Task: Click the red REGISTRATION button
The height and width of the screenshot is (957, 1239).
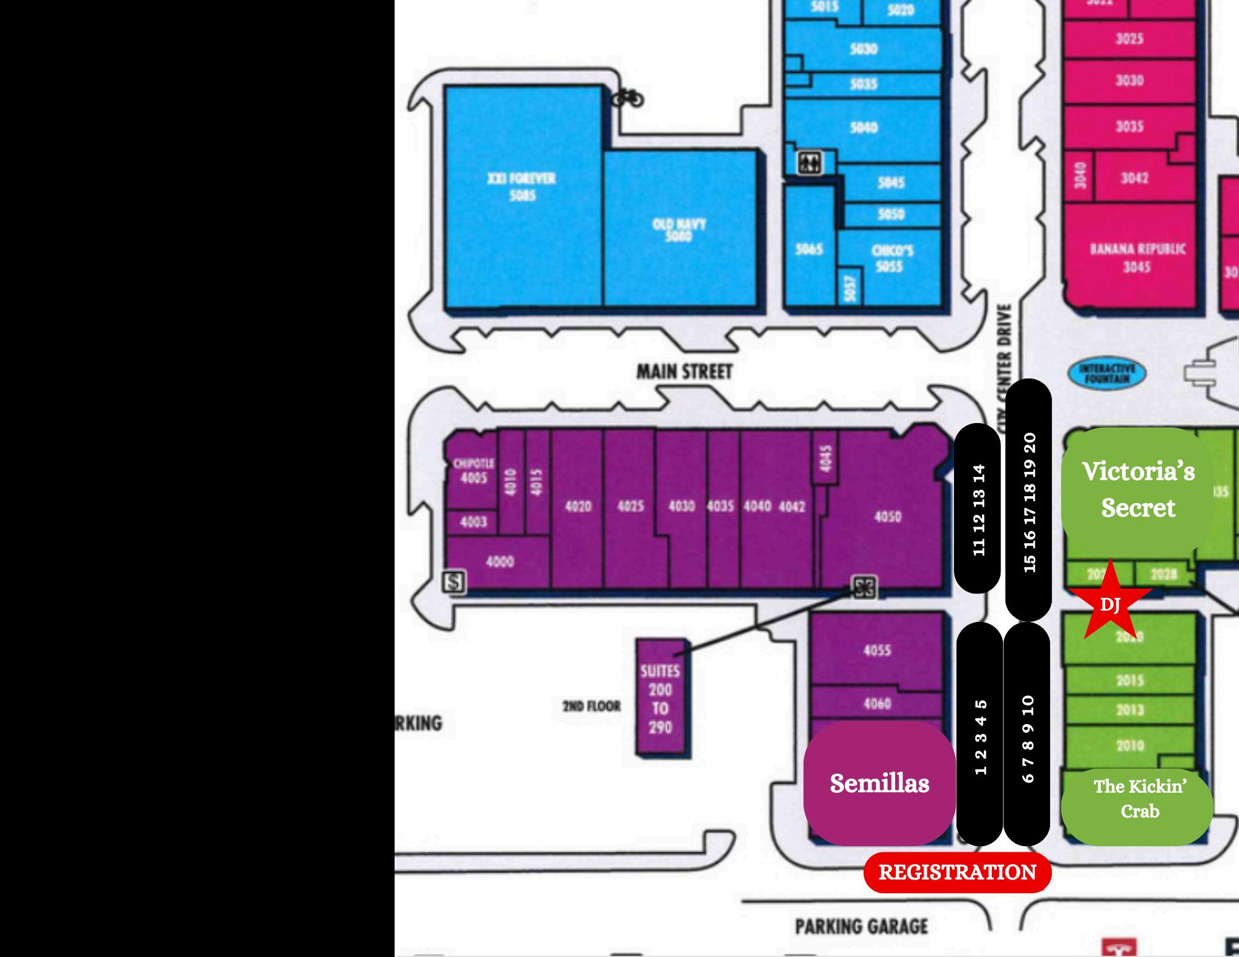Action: coord(957,872)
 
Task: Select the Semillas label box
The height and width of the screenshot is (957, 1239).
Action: coord(879,783)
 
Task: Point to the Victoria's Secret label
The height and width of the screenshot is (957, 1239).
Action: coord(1137,490)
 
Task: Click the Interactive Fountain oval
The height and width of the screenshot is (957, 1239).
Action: coord(1107,374)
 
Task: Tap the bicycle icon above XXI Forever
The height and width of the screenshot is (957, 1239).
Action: coord(628,98)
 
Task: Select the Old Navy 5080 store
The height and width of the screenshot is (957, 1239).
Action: coord(680,229)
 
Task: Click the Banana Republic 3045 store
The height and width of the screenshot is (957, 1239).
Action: coord(1137,257)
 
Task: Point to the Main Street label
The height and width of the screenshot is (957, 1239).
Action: coord(684,372)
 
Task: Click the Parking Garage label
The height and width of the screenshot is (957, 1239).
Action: coord(861,927)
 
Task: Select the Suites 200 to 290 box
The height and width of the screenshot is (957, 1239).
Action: coord(660,698)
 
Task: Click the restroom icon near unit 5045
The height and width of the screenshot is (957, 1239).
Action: coord(809,163)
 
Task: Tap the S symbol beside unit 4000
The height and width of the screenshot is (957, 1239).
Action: coord(454,582)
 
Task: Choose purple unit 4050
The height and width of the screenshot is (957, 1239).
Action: coord(887,517)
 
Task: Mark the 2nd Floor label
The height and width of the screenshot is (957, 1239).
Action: coord(591,706)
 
